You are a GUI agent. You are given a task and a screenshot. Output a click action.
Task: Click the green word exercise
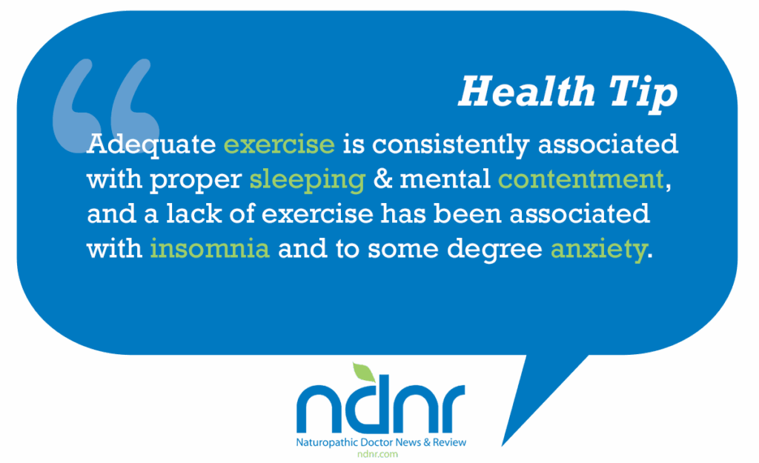[279, 144]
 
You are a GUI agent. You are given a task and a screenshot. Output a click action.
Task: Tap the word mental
[445, 179]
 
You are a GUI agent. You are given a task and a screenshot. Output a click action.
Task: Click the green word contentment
[581, 179]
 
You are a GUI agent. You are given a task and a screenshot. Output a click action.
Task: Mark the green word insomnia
[210, 248]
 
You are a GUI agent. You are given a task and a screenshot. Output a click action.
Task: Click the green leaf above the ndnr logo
[363, 372]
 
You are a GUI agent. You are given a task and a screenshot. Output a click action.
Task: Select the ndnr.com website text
[377, 454]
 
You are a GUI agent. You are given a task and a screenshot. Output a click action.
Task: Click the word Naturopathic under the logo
[327, 443]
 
